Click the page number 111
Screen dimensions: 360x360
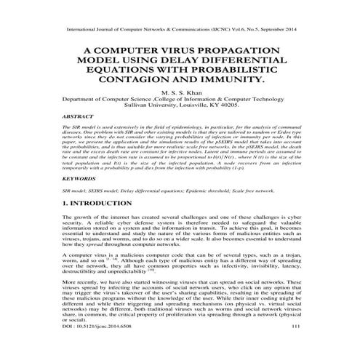(295, 348)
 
